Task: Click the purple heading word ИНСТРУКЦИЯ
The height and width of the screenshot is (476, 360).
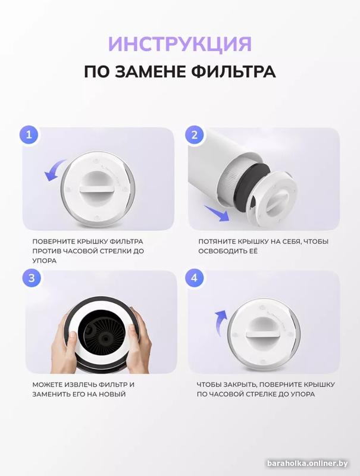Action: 180,44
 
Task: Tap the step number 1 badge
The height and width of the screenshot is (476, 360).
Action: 29,134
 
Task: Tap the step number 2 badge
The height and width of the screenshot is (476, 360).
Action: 195,134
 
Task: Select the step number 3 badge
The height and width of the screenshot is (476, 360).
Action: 32,278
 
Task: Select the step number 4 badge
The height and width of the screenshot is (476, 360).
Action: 195,278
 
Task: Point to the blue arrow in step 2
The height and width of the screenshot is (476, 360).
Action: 217,213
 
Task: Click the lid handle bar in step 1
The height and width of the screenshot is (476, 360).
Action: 98,189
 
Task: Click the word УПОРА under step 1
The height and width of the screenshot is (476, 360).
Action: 44,261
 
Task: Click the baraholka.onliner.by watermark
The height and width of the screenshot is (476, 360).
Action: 308,464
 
